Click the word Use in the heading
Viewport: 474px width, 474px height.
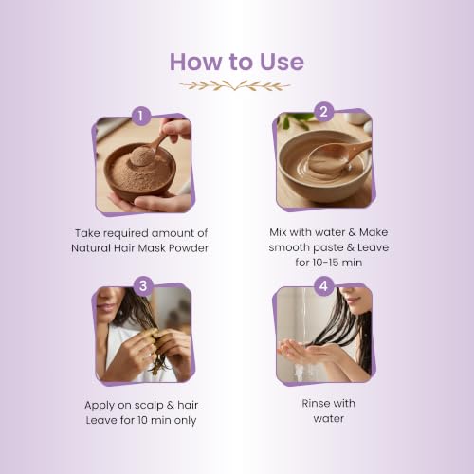[282, 62]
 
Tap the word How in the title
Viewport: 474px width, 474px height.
[195, 62]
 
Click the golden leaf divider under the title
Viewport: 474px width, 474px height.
[234, 85]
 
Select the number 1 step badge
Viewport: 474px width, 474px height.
[141, 116]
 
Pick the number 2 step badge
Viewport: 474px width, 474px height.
[324, 112]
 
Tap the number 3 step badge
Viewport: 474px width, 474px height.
[143, 286]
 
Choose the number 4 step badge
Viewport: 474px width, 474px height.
[324, 286]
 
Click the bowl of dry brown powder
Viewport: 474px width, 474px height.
[139, 170]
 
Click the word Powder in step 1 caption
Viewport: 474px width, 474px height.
[189, 248]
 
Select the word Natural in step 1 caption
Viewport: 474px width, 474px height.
[91, 248]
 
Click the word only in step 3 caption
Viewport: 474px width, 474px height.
[184, 421]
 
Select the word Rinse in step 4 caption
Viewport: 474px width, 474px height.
[314, 403]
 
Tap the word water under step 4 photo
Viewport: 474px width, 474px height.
[329, 419]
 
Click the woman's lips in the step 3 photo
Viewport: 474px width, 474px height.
[107, 306]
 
